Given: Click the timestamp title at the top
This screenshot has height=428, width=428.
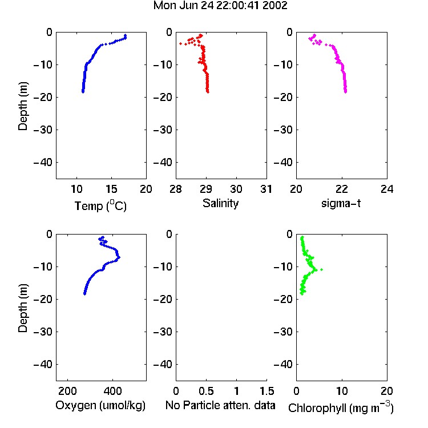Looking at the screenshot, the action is tap(220, 6).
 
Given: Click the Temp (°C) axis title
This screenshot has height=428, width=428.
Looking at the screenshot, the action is tap(100, 205).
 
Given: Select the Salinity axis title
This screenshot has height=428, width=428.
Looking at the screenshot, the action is tap(220, 203).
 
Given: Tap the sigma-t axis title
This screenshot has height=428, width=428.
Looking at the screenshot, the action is tap(341, 203).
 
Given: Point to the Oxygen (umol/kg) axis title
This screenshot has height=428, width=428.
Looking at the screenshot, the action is tap(100, 405).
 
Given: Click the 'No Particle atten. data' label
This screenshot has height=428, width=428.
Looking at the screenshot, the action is tap(220, 405).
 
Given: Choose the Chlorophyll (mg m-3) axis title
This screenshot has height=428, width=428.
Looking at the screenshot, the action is tap(341, 407).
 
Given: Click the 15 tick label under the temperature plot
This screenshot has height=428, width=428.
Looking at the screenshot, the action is tap(111, 189).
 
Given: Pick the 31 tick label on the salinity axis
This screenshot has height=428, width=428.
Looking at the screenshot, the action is tap(266, 189).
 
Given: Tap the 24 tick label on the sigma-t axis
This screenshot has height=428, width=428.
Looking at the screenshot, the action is tap(387, 189).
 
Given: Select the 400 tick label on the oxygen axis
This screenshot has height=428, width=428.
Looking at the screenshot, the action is tap(112, 391).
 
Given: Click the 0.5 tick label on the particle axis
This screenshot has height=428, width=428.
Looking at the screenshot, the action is tap(206, 391).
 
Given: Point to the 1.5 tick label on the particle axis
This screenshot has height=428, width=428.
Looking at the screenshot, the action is tap(267, 391).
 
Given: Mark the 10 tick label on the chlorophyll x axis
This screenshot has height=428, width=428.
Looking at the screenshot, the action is tap(342, 391).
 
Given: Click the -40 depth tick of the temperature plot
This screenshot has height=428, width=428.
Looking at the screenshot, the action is tap(43, 163).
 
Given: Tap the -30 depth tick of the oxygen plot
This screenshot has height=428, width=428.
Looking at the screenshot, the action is tap(43, 332).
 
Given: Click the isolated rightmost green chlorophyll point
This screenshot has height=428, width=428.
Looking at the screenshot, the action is tap(321, 270).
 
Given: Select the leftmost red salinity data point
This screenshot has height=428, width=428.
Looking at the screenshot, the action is tap(180, 44).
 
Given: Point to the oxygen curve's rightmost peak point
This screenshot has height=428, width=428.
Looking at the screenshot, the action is tap(119, 257).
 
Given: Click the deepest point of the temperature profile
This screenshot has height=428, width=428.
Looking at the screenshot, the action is tap(83, 92).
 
